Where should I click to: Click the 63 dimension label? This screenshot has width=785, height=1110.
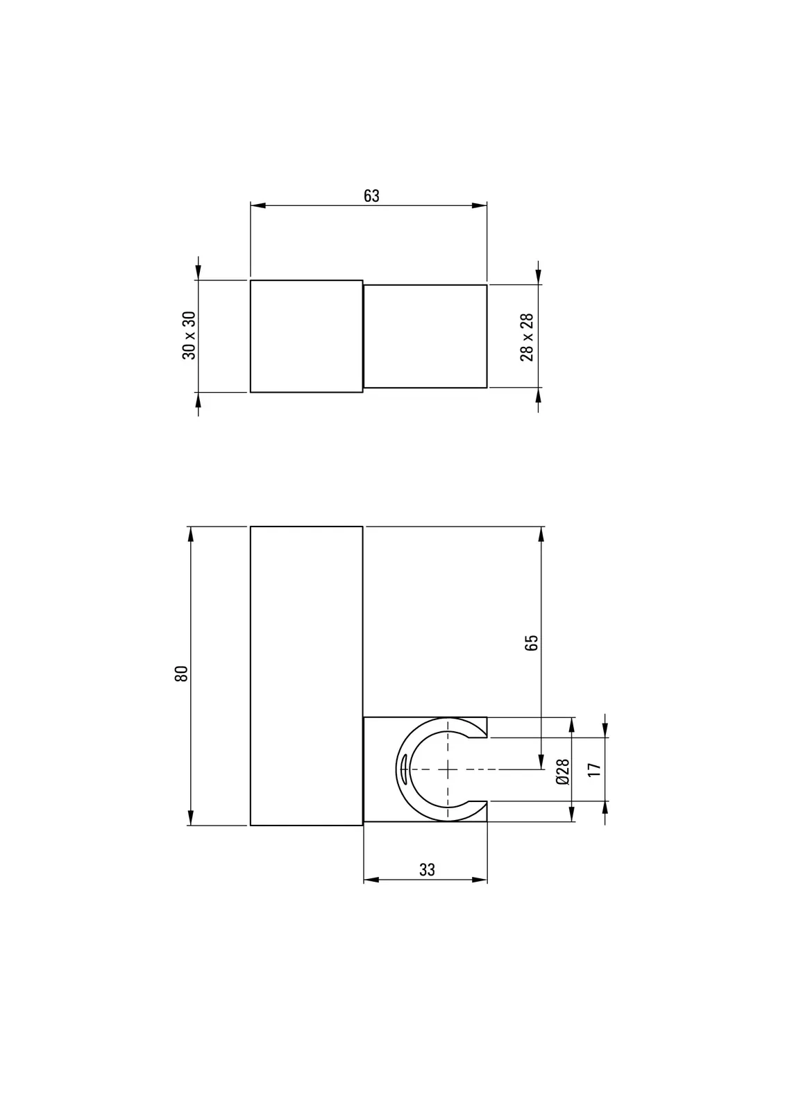click(371, 196)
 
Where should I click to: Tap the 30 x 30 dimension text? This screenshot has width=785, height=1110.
click(189, 336)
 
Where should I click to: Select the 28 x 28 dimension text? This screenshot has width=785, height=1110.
click(527, 337)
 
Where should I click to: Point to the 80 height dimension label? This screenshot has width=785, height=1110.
click(181, 674)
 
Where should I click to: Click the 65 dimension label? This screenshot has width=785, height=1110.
click(530, 642)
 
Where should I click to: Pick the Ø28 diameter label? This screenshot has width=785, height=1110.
click(563, 771)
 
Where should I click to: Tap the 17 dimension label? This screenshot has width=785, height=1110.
click(593, 769)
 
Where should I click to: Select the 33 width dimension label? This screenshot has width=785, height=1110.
click(426, 870)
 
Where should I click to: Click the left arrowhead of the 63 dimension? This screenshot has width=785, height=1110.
click(258, 205)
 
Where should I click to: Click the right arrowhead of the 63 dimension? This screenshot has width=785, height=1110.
click(479, 205)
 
